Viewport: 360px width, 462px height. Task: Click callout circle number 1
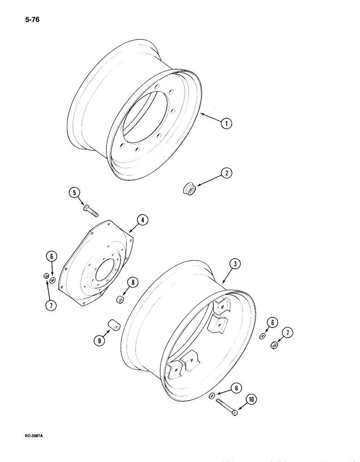pyautogui.click(x=226, y=123)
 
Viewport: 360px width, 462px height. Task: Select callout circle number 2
pyautogui.click(x=226, y=174)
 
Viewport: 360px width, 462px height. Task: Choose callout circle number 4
pyautogui.click(x=143, y=220)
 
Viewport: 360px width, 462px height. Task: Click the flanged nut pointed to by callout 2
pyautogui.click(x=189, y=189)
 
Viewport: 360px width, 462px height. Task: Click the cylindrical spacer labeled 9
pyautogui.click(x=114, y=326)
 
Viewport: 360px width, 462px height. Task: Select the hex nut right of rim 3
pyautogui.click(x=274, y=344)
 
